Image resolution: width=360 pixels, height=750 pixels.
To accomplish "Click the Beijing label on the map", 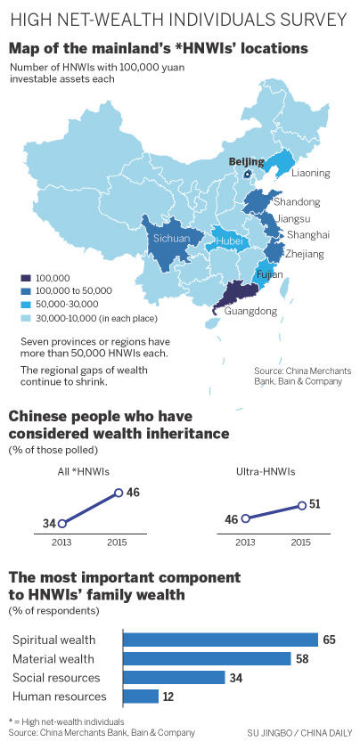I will pos(247,161).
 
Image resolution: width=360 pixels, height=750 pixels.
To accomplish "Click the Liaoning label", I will pos(311,173).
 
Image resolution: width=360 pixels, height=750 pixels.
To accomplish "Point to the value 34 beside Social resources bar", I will pos(234,677).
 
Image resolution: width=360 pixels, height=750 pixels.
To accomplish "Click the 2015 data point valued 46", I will pos(118,493).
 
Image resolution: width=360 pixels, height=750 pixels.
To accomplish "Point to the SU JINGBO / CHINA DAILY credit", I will pos(299,732).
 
